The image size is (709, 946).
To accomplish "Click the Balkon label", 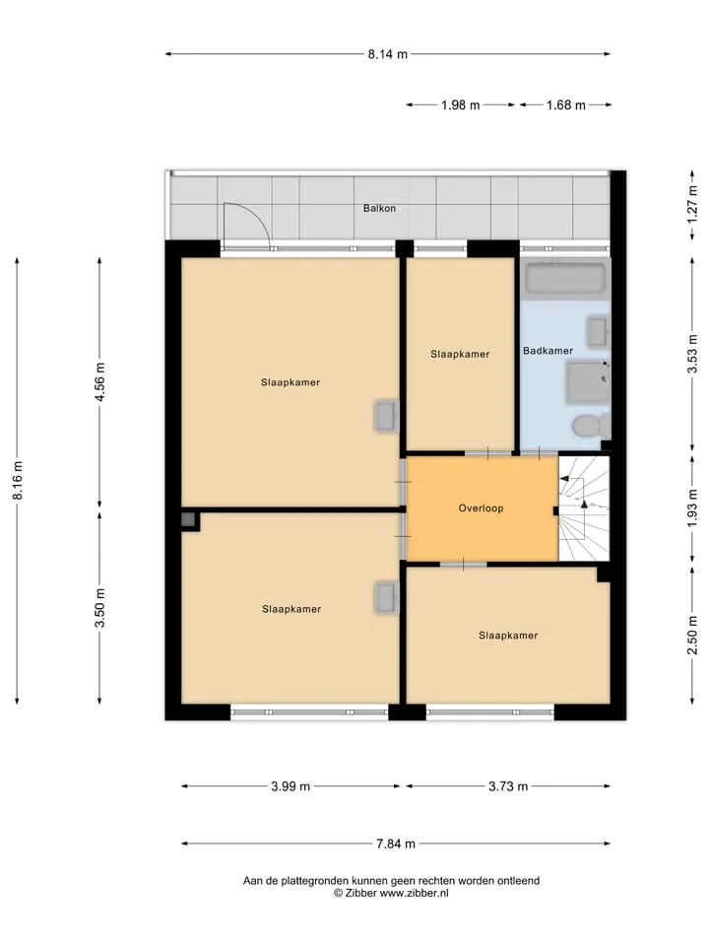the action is tap(379, 208).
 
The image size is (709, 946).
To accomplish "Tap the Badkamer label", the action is tap(548, 351).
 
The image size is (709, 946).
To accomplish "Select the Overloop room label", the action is tap(481, 508).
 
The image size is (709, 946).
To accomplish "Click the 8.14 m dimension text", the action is tap(388, 54).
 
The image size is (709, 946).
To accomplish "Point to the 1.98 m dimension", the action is tap(461, 105).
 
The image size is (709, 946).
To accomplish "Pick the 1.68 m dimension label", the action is tap(565, 105).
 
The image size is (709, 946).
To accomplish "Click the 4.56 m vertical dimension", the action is tap(100, 382).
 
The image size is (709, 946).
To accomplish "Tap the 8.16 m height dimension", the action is tap(18, 480).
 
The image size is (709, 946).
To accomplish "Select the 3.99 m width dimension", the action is tap(290, 786).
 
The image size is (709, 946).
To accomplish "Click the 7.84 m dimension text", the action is tap(396, 845).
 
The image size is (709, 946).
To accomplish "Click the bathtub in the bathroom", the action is tap(564, 278).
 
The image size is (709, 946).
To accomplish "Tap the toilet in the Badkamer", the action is tap(592, 426).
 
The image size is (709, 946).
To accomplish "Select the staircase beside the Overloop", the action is tap(584, 508).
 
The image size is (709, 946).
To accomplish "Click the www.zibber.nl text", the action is tap(415, 894).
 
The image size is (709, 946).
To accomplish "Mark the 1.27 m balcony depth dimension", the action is tap(692, 205).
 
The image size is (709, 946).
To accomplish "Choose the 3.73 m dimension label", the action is tap(508, 786).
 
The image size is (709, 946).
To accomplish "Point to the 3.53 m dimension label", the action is tap(692, 354).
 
